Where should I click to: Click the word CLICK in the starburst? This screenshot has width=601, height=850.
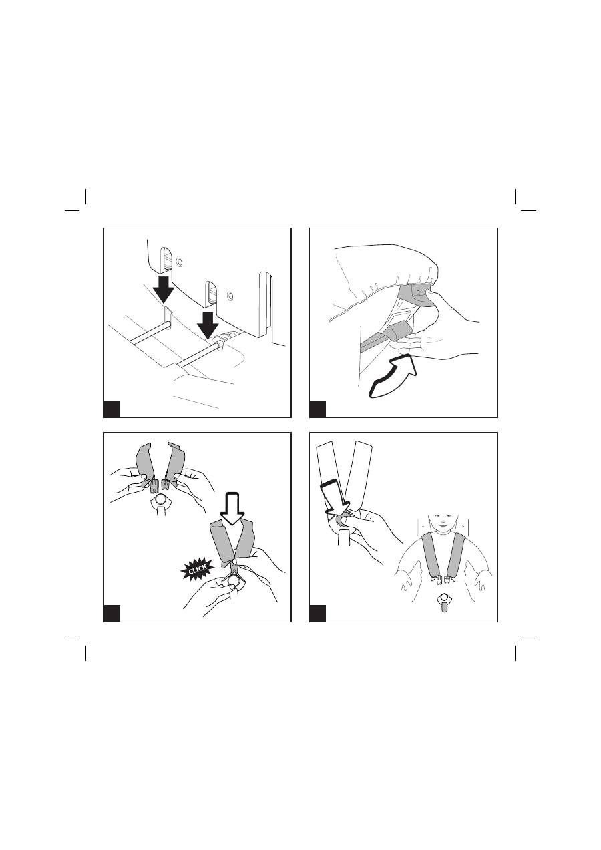pos(198,568)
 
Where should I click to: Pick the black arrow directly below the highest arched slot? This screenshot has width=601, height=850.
pos(163,289)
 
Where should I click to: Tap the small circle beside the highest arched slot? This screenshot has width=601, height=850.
pos(180,262)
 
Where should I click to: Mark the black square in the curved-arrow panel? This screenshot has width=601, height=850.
pos(318,409)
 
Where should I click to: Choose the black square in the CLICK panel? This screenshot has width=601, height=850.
pos(112,613)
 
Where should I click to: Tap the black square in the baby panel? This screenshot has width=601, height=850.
pos(318,613)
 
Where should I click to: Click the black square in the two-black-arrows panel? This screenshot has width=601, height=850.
pos(112,409)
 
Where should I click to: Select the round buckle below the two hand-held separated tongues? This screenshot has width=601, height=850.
pos(160,500)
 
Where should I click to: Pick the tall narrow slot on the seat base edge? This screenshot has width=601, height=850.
pos(264,304)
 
